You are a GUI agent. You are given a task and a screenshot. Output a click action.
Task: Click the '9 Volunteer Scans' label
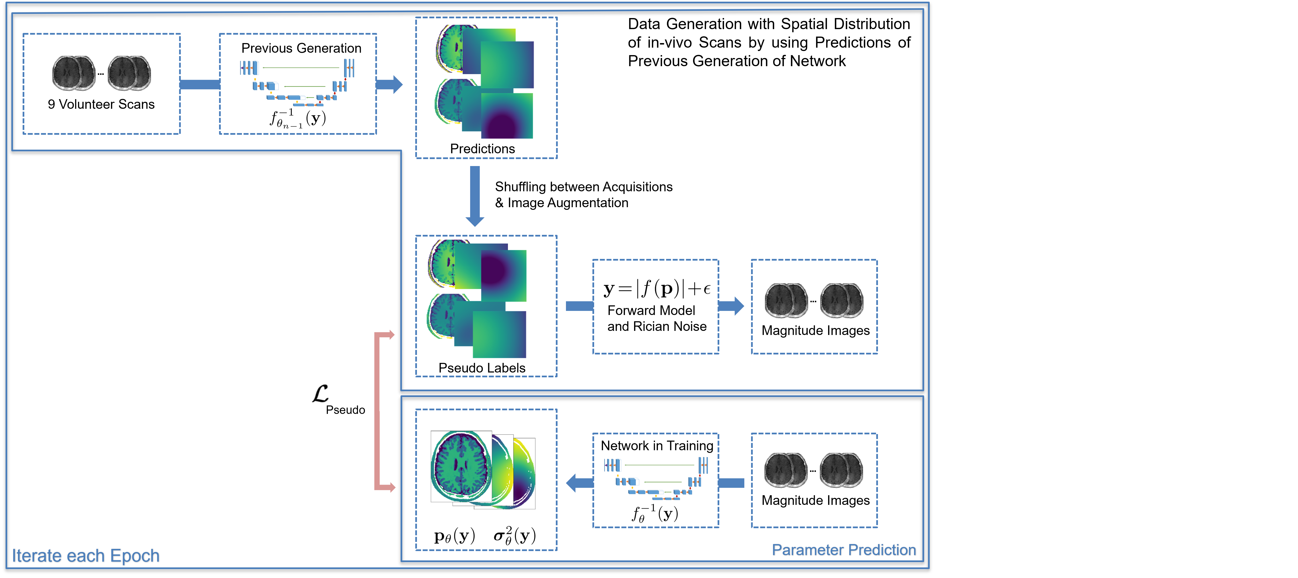[x=101, y=104]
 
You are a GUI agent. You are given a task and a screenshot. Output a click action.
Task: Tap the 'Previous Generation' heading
[x=301, y=48]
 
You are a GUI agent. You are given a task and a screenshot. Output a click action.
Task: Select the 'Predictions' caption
[x=482, y=149]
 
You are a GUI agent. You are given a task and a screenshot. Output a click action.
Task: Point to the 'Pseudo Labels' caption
[x=482, y=368]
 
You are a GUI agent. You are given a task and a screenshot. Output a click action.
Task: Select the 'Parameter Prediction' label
[x=844, y=550]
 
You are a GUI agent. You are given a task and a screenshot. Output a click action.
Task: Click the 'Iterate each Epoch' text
[x=86, y=556]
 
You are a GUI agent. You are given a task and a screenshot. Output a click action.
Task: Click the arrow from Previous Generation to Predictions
[x=389, y=85]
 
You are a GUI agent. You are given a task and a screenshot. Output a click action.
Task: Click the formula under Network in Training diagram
[x=655, y=514]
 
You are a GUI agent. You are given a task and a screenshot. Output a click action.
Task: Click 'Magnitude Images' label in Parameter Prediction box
[x=815, y=501]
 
